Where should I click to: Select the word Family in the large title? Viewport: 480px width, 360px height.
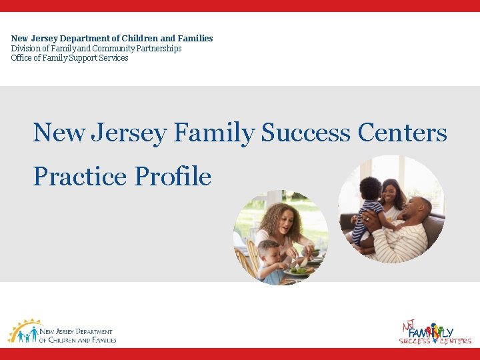[213, 133]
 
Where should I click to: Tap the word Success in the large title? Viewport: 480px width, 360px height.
[306, 133]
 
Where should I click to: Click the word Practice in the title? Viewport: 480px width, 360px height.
[80, 177]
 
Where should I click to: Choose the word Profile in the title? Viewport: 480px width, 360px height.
[173, 177]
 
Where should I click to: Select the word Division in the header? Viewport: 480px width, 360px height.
[24, 49]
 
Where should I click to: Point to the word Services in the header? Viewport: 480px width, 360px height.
[113, 58]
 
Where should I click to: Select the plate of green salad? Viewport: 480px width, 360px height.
[299, 270]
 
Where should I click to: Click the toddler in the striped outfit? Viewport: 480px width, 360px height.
[369, 207]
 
